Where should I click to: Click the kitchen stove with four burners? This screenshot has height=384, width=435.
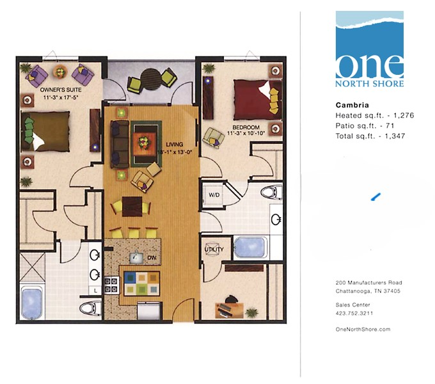pyautogui.click(x=112, y=284)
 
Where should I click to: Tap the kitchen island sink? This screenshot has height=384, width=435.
pyautogui.click(x=137, y=257)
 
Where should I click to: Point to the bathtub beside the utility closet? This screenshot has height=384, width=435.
pyautogui.click(x=250, y=247)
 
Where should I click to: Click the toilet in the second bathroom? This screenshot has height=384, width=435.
pyautogui.click(x=272, y=190)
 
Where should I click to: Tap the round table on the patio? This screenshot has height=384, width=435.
pyautogui.click(x=153, y=78)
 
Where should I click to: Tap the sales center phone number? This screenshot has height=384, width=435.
pyautogui.click(x=354, y=314)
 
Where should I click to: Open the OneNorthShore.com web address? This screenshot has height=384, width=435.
pyautogui.click(x=363, y=329)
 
